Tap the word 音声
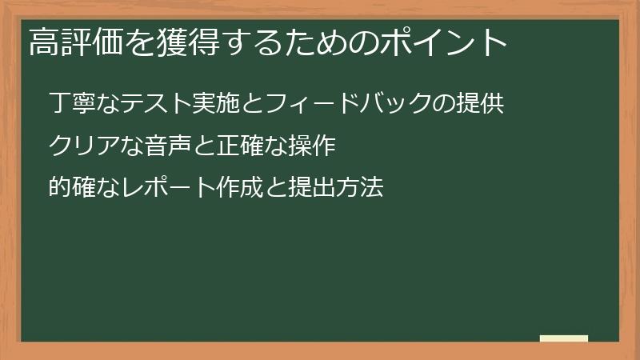pos(163,146)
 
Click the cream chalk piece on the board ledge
pos(564,338)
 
